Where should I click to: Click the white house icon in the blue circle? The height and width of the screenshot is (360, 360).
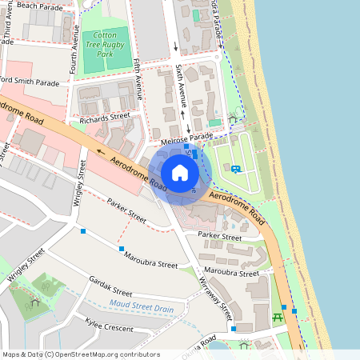(x=180, y=173)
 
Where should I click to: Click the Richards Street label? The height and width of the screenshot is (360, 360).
(x=104, y=118)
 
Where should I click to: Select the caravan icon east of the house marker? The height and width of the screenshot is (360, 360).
(x=236, y=168)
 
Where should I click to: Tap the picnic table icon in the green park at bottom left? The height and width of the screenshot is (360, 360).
(x=34, y=302)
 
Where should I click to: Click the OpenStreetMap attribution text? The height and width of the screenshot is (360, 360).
(x=80, y=354)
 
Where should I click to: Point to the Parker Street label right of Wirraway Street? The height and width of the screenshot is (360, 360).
(x=220, y=237)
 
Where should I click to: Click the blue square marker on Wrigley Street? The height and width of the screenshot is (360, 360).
(x=83, y=232)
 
